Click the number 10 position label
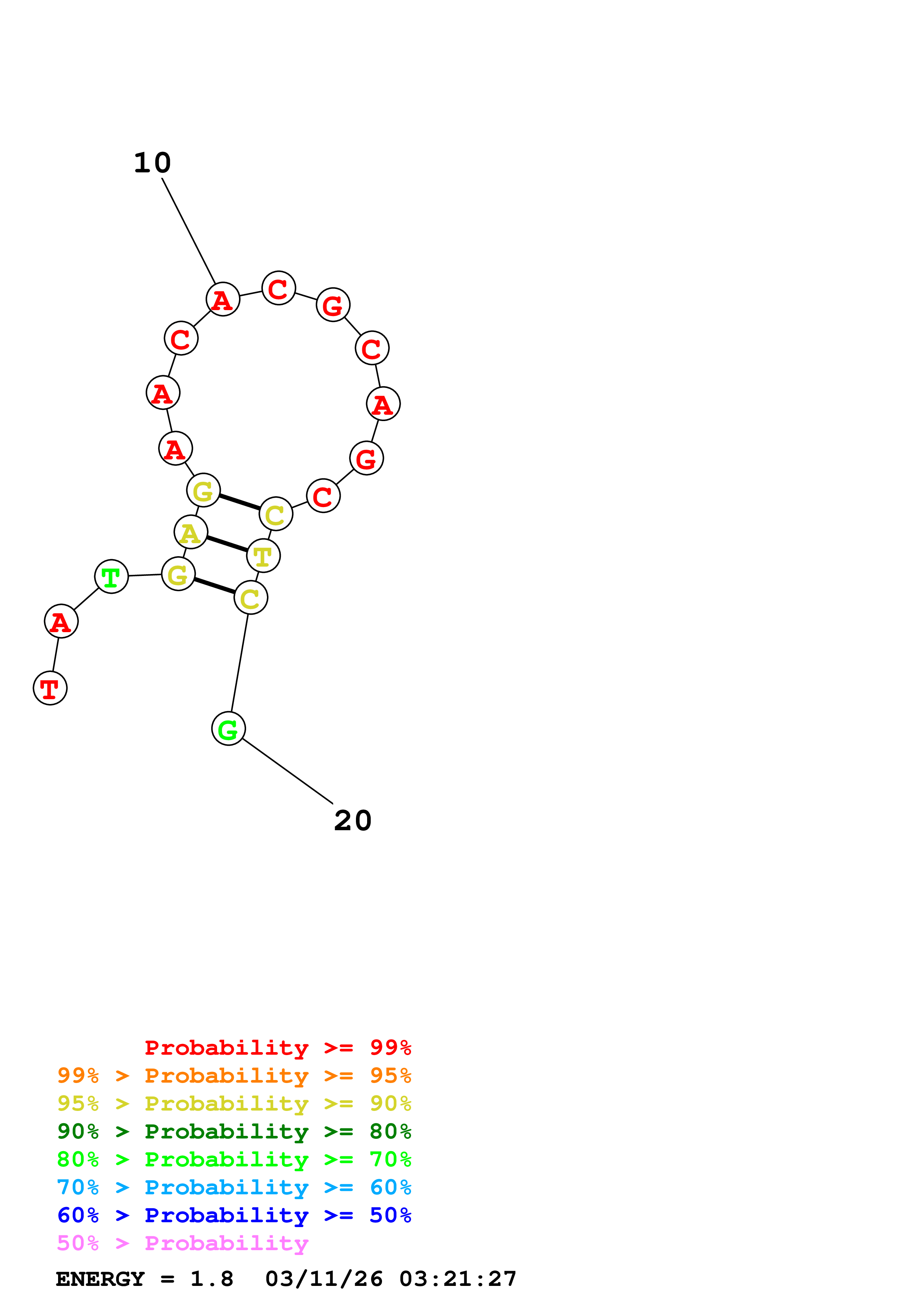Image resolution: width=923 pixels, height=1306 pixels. (x=152, y=163)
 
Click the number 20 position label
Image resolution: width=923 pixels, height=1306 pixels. (x=353, y=821)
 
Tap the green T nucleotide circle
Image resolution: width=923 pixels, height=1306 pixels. (x=111, y=577)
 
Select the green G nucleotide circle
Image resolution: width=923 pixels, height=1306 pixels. (x=228, y=729)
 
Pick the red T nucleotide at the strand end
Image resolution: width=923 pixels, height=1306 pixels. (x=50, y=688)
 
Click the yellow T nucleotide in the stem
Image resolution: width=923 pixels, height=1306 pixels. (x=263, y=556)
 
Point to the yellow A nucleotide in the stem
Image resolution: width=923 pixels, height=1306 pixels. (x=191, y=532)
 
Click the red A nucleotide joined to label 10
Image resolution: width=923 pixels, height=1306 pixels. (x=222, y=299)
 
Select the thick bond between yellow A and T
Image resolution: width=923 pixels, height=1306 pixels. (x=227, y=544)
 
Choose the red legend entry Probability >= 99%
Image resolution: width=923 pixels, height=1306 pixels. (x=277, y=1048)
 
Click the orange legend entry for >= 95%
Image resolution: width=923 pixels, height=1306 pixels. (x=234, y=1076)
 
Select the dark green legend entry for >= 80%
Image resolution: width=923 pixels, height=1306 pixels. (x=234, y=1131)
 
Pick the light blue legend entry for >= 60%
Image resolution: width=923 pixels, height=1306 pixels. (x=234, y=1187)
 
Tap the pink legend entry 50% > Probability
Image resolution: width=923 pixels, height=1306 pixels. (x=182, y=1243)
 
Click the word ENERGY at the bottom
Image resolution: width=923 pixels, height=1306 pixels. (x=100, y=1279)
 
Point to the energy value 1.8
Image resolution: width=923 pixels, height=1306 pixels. (x=211, y=1279)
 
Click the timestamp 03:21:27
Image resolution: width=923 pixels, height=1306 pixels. (x=458, y=1279)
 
